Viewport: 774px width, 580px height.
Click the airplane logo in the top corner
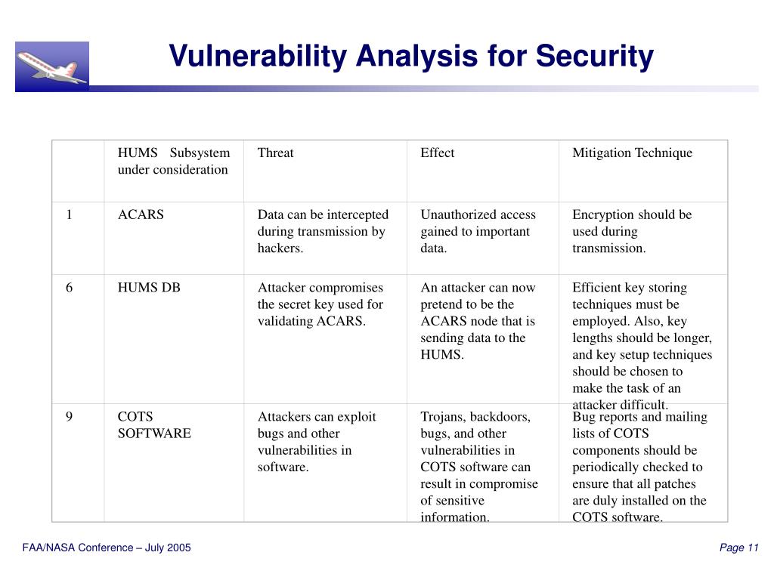pos(51,66)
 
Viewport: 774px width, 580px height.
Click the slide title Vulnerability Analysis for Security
pos(410,56)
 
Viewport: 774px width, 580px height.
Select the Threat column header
pos(275,153)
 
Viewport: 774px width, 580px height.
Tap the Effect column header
pos(437,153)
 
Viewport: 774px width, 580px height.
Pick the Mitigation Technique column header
pos(632,153)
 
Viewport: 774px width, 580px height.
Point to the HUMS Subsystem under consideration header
pos(173,161)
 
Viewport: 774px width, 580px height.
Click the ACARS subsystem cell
pos(141,214)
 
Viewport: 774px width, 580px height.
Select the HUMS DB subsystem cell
pos(149,288)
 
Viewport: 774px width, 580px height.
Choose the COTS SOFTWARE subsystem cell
pos(154,425)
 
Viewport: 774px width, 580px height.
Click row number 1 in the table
pos(69,214)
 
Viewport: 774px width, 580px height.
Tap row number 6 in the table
pos(69,288)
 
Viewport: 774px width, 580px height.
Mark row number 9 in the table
pos(69,417)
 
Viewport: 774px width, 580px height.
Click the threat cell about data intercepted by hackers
pos(323,231)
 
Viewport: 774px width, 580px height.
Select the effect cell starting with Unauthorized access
pos(478,231)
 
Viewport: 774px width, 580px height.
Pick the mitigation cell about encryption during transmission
pos(632,231)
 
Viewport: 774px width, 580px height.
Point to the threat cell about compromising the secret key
pos(320,304)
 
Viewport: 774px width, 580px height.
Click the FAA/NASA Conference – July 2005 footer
pos(107,548)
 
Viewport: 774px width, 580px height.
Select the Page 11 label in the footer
pos(738,548)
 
